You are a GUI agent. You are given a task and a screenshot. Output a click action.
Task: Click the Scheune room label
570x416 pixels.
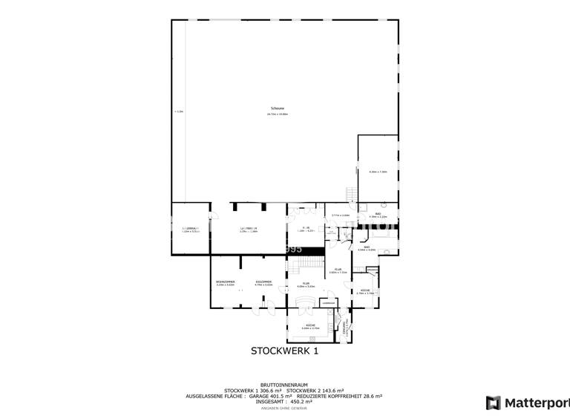(278, 108)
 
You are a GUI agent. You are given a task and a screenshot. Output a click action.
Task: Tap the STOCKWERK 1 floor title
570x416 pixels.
(284, 351)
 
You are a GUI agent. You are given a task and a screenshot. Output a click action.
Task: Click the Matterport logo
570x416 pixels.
(527, 403)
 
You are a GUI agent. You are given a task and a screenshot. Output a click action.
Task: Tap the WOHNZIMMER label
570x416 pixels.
(225, 282)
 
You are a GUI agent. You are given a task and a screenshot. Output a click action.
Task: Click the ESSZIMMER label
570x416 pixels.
(263, 282)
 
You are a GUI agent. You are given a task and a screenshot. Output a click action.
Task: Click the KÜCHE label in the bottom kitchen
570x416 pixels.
(310, 325)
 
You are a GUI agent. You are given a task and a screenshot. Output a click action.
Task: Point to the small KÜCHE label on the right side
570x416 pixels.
(365, 290)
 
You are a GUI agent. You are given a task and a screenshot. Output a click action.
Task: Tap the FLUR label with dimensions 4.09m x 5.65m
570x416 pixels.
(306, 284)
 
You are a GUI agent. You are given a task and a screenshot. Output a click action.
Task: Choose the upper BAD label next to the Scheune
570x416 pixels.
(378, 215)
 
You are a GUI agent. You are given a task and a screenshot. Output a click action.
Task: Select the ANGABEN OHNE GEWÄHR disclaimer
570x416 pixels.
(284, 408)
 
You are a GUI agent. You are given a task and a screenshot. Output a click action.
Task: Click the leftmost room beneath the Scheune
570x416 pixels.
(191, 229)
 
